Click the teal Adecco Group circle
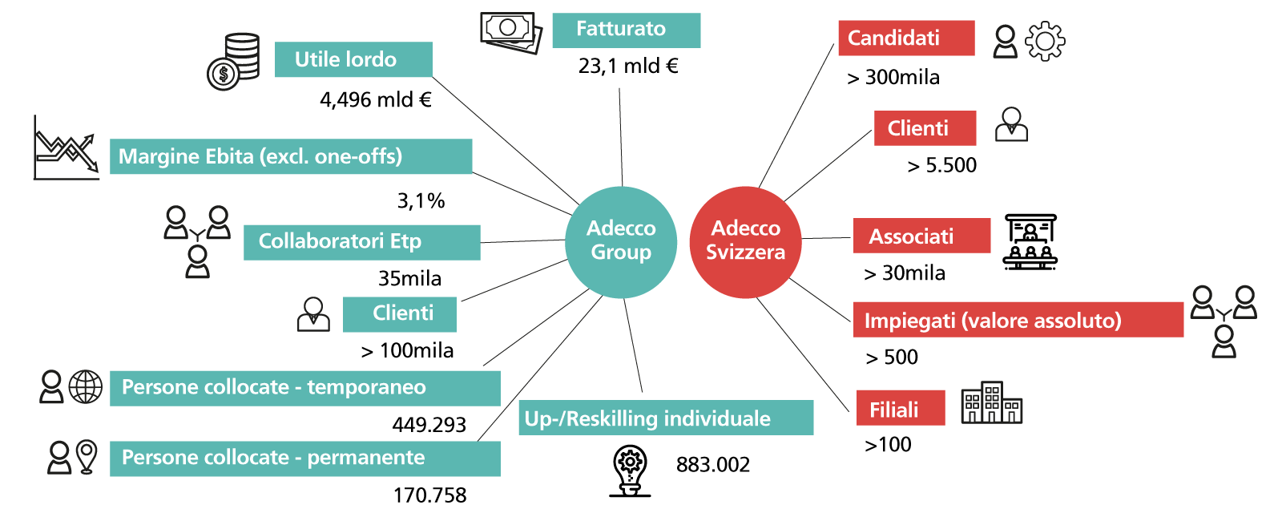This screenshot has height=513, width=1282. [x=621, y=242]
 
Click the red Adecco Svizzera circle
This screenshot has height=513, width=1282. [x=745, y=242]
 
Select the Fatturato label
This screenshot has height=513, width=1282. [x=626, y=30]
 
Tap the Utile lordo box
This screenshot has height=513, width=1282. [x=353, y=60]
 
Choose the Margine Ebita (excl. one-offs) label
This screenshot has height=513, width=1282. [x=291, y=156]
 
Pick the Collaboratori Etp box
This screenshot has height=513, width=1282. [x=361, y=242]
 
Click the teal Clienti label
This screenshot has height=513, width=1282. [x=399, y=314]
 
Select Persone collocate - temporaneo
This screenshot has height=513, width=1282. [x=304, y=388]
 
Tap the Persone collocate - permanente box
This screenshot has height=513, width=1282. [x=304, y=458]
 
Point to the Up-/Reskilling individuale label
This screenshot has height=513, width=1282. [x=665, y=418]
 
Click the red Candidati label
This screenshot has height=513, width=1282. [x=905, y=38]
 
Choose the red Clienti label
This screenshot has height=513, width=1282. [x=925, y=128]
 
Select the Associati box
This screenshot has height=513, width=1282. [x=921, y=236]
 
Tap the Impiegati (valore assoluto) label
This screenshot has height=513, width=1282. [x=1018, y=320]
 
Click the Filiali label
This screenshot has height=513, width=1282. [x=901, y=408]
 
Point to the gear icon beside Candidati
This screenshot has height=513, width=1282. [x=1046, y=41]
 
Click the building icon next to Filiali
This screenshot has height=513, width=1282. [x=991, y=402]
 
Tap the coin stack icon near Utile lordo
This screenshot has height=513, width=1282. [x=234, y=62]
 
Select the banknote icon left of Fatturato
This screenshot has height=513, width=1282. [x=510, y=32]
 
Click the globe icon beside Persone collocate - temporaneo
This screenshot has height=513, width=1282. [x=85, y=387]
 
